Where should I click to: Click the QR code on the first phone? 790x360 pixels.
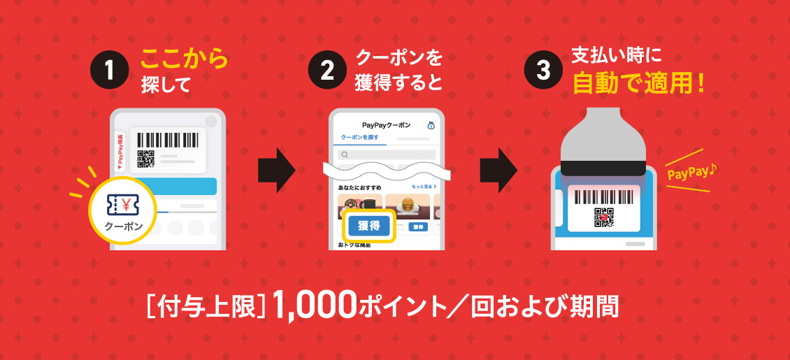point(145,159)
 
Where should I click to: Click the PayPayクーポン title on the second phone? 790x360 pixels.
point(382,125)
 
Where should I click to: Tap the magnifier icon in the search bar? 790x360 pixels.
point(344,154)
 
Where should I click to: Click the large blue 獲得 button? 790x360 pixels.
point(368,226)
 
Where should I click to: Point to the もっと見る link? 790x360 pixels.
point(424,187)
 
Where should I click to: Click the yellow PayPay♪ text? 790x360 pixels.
point(688,172)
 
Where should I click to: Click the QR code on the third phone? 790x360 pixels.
point(604,218)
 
